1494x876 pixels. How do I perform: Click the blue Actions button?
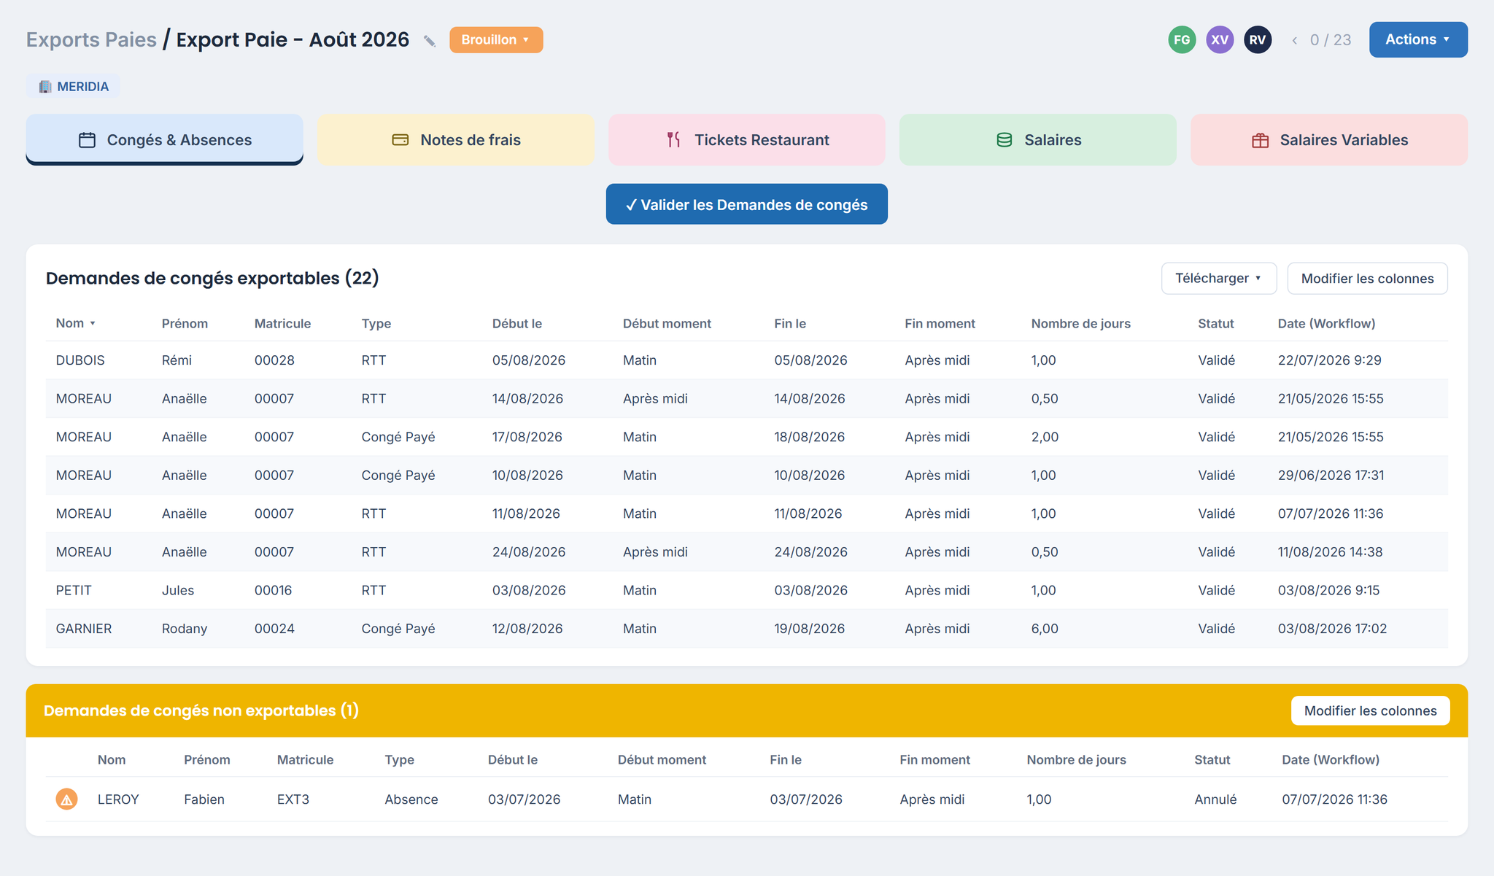[1418, 39]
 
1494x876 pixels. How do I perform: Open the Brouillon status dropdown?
[496, 39]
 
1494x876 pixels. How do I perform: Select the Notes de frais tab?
[456, 139]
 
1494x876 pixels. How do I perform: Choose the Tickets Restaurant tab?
[747, 139]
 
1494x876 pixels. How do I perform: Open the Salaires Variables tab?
[1329, 139]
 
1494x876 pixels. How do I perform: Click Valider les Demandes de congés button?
[747, 204]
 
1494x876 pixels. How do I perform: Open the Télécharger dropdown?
[1219, 279]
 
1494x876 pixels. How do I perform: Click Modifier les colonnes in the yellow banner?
[1370, 710]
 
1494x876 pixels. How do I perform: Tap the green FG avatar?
[1182, 39]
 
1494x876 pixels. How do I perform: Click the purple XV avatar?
[1220, 39]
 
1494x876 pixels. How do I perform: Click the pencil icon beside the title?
[430, 41]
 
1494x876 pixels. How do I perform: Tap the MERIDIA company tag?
[73, 86]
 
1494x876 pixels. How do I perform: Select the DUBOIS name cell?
[80, 360]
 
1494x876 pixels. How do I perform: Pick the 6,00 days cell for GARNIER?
[1045, 629]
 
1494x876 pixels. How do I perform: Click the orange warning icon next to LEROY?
[66, 799]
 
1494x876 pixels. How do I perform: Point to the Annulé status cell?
[1215, 799]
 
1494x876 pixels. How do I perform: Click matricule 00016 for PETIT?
[273, 590]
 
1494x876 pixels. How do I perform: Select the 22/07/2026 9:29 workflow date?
[1329, 360]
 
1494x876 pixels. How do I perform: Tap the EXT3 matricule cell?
[293, 799]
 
